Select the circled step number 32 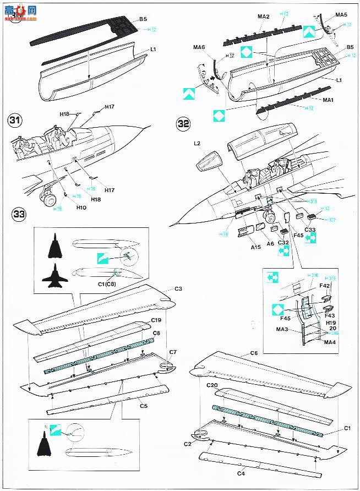pyautogui.click(x=184, y=124)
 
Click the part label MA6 pyautogui.click(x=199, y=48)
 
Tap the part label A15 pyautogui.click(x=255, y=248)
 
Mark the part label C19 pyautogui.click(x=156, y=320)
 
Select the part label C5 pyautogui.click(x=144, y=406)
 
